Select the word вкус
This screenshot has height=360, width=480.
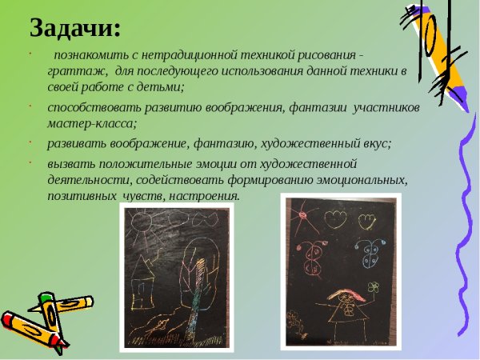pos(374,142)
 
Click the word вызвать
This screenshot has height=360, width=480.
pos(69,163)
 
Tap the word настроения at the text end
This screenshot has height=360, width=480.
pos(206,195)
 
